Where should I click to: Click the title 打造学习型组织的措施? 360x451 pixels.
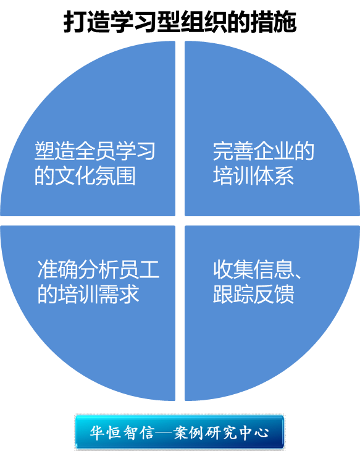[x=180, y=22]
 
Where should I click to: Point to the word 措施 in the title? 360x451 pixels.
[x=273, y=22]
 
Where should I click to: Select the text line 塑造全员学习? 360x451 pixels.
[x=95, y=151]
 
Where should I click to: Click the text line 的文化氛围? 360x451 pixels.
[x=85, y=175]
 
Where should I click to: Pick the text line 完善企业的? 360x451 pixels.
[x=264, y=151]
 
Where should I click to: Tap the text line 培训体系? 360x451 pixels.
[x=253, y=175]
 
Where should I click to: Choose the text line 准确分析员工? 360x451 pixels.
[x=98, y=269]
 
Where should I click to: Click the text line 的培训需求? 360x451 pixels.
[x=88, y=294]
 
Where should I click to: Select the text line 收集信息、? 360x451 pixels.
[x=257, y=269]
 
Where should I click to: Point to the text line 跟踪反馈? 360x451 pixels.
[x=253, y=294]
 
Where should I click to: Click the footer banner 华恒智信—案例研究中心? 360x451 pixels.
[x=180, y=432]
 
